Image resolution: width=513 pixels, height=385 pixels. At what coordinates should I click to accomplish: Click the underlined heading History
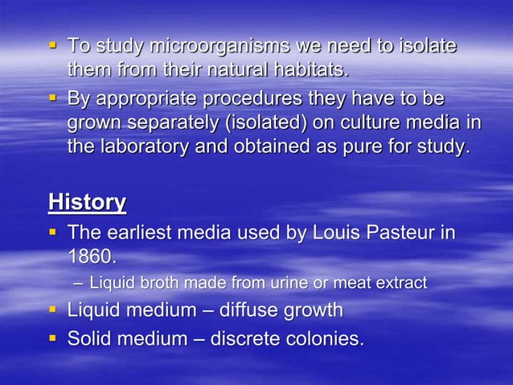point(87,201)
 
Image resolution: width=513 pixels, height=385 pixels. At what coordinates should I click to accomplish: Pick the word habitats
point(309,70)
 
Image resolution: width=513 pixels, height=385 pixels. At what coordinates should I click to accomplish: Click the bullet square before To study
point(54,45)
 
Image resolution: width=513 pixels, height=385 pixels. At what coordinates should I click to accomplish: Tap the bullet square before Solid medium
point(54,337)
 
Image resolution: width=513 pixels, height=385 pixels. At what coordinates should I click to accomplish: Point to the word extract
point(400,284)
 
